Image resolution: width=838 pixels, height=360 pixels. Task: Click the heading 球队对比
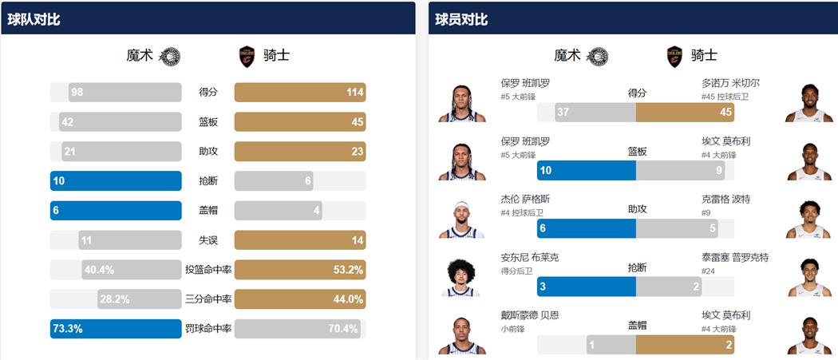point(34,19)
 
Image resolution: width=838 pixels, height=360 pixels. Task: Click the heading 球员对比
point(461,19)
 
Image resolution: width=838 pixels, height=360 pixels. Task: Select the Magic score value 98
point(77,92)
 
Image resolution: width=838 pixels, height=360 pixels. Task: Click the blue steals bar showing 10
point(116,180)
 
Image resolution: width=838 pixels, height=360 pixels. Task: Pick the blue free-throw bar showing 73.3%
point(116,329)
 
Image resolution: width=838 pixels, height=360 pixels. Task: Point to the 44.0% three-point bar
point(299,299)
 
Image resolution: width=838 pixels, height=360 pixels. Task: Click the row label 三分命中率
point(208,299)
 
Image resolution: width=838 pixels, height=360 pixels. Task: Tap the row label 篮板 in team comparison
point(208,122)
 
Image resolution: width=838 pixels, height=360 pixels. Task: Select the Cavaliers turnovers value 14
point(357,240)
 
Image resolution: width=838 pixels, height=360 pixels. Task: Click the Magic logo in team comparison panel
point(170,56)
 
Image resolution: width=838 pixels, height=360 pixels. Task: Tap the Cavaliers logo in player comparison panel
point(675,56)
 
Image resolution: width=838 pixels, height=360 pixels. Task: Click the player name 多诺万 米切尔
point(730,83)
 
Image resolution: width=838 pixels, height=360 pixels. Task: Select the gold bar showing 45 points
point(685,112)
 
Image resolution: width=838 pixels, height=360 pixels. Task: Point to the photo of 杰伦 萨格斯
point(461,220)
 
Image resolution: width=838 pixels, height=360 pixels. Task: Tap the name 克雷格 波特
point(725,199)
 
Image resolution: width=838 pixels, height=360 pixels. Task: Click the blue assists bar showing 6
point(586,229)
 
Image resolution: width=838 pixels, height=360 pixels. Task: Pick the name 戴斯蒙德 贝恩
point(530,315)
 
